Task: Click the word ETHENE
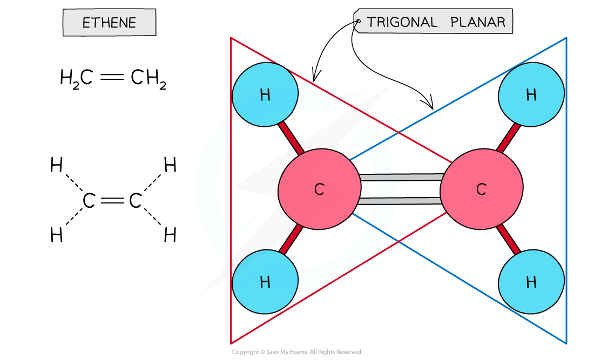[x=109, y=23]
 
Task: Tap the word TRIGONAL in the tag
[x=402, y=22]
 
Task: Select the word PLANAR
[x=478, y=22]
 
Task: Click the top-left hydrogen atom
[x=265, y=94]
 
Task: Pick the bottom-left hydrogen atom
[x=265, y=281]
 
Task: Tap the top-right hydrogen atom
[x=531, y=94]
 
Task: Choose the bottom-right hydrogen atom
[x=531, y=281]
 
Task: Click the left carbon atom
[x=319, y=189]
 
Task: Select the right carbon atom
[x=481, y=189]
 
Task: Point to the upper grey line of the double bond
[x=401, y=177]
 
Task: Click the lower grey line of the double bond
[x=401, y=201]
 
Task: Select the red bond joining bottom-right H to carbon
[x=508, y=240]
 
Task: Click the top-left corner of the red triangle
[x=231, y=38]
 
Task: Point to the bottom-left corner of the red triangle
[x=231, y=343]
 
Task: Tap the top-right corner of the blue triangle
[x=566, y=38]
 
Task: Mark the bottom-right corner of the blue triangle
[x=566, y=343]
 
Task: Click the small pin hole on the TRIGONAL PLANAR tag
[x=357, y=22]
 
